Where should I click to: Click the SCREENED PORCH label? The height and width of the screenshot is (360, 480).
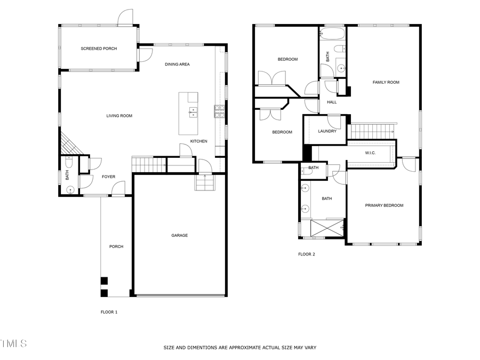coord(99,49)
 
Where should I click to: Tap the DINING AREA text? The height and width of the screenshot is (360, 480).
coord(177,65)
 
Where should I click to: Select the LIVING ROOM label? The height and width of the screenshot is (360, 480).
coord(119,116)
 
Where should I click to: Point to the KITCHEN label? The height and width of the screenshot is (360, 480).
coord(199,141)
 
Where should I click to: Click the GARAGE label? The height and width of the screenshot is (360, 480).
coord(179,235)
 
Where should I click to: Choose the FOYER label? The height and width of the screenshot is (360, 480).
coord(108,177)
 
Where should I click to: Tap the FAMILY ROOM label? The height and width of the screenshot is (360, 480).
coord(386,82)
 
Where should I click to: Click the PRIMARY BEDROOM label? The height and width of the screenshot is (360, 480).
coord(384,205)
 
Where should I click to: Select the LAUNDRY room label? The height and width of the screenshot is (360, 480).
coord(327,131)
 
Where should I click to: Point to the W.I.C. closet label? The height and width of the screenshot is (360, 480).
coord(370,153)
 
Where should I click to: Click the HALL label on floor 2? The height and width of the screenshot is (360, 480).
coord(332,102)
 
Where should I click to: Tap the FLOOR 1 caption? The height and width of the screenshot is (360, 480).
coord(109,312)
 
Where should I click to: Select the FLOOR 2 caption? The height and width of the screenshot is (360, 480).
coord(306,254)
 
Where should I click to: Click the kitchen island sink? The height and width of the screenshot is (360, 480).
coord(193,112)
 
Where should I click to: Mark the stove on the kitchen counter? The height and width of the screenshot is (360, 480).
coord(219,110)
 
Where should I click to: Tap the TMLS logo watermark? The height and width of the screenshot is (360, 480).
coord(13,343)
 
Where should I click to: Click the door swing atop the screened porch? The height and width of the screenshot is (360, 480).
coord(125,17)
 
